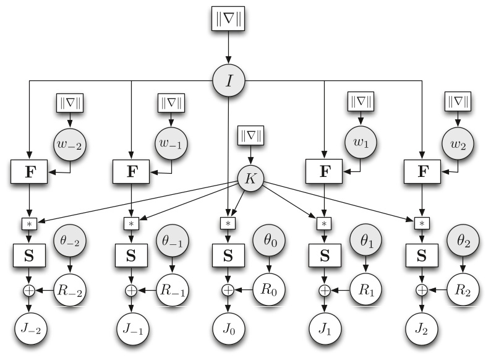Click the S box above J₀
tap(228, 255)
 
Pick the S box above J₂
tap(422, 255)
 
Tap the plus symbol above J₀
tap(228, 289)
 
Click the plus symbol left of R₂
tap(422, 289)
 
